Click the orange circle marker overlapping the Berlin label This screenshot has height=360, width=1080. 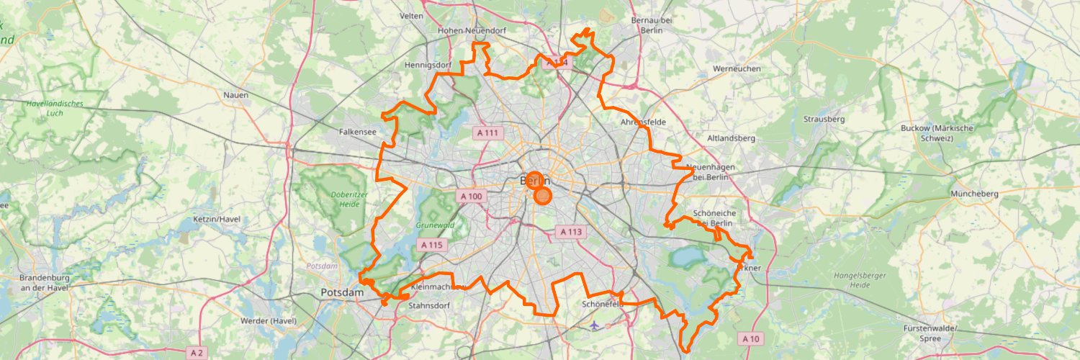point(534,180)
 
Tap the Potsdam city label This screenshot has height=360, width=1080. point(343,293)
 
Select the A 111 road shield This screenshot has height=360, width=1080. point(487,133)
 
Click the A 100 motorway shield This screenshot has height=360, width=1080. point(471,197)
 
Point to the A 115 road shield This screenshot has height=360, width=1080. point(432,246)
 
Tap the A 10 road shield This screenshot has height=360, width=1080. point(750,338)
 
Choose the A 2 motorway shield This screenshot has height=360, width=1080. point(197,352)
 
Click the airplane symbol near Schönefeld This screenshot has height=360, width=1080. point(594,325)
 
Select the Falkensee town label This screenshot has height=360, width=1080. point(359,132)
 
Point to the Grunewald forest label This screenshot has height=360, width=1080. point(436,225)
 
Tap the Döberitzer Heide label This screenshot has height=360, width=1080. point(333,199)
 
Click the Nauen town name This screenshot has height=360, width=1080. point(235,95)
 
